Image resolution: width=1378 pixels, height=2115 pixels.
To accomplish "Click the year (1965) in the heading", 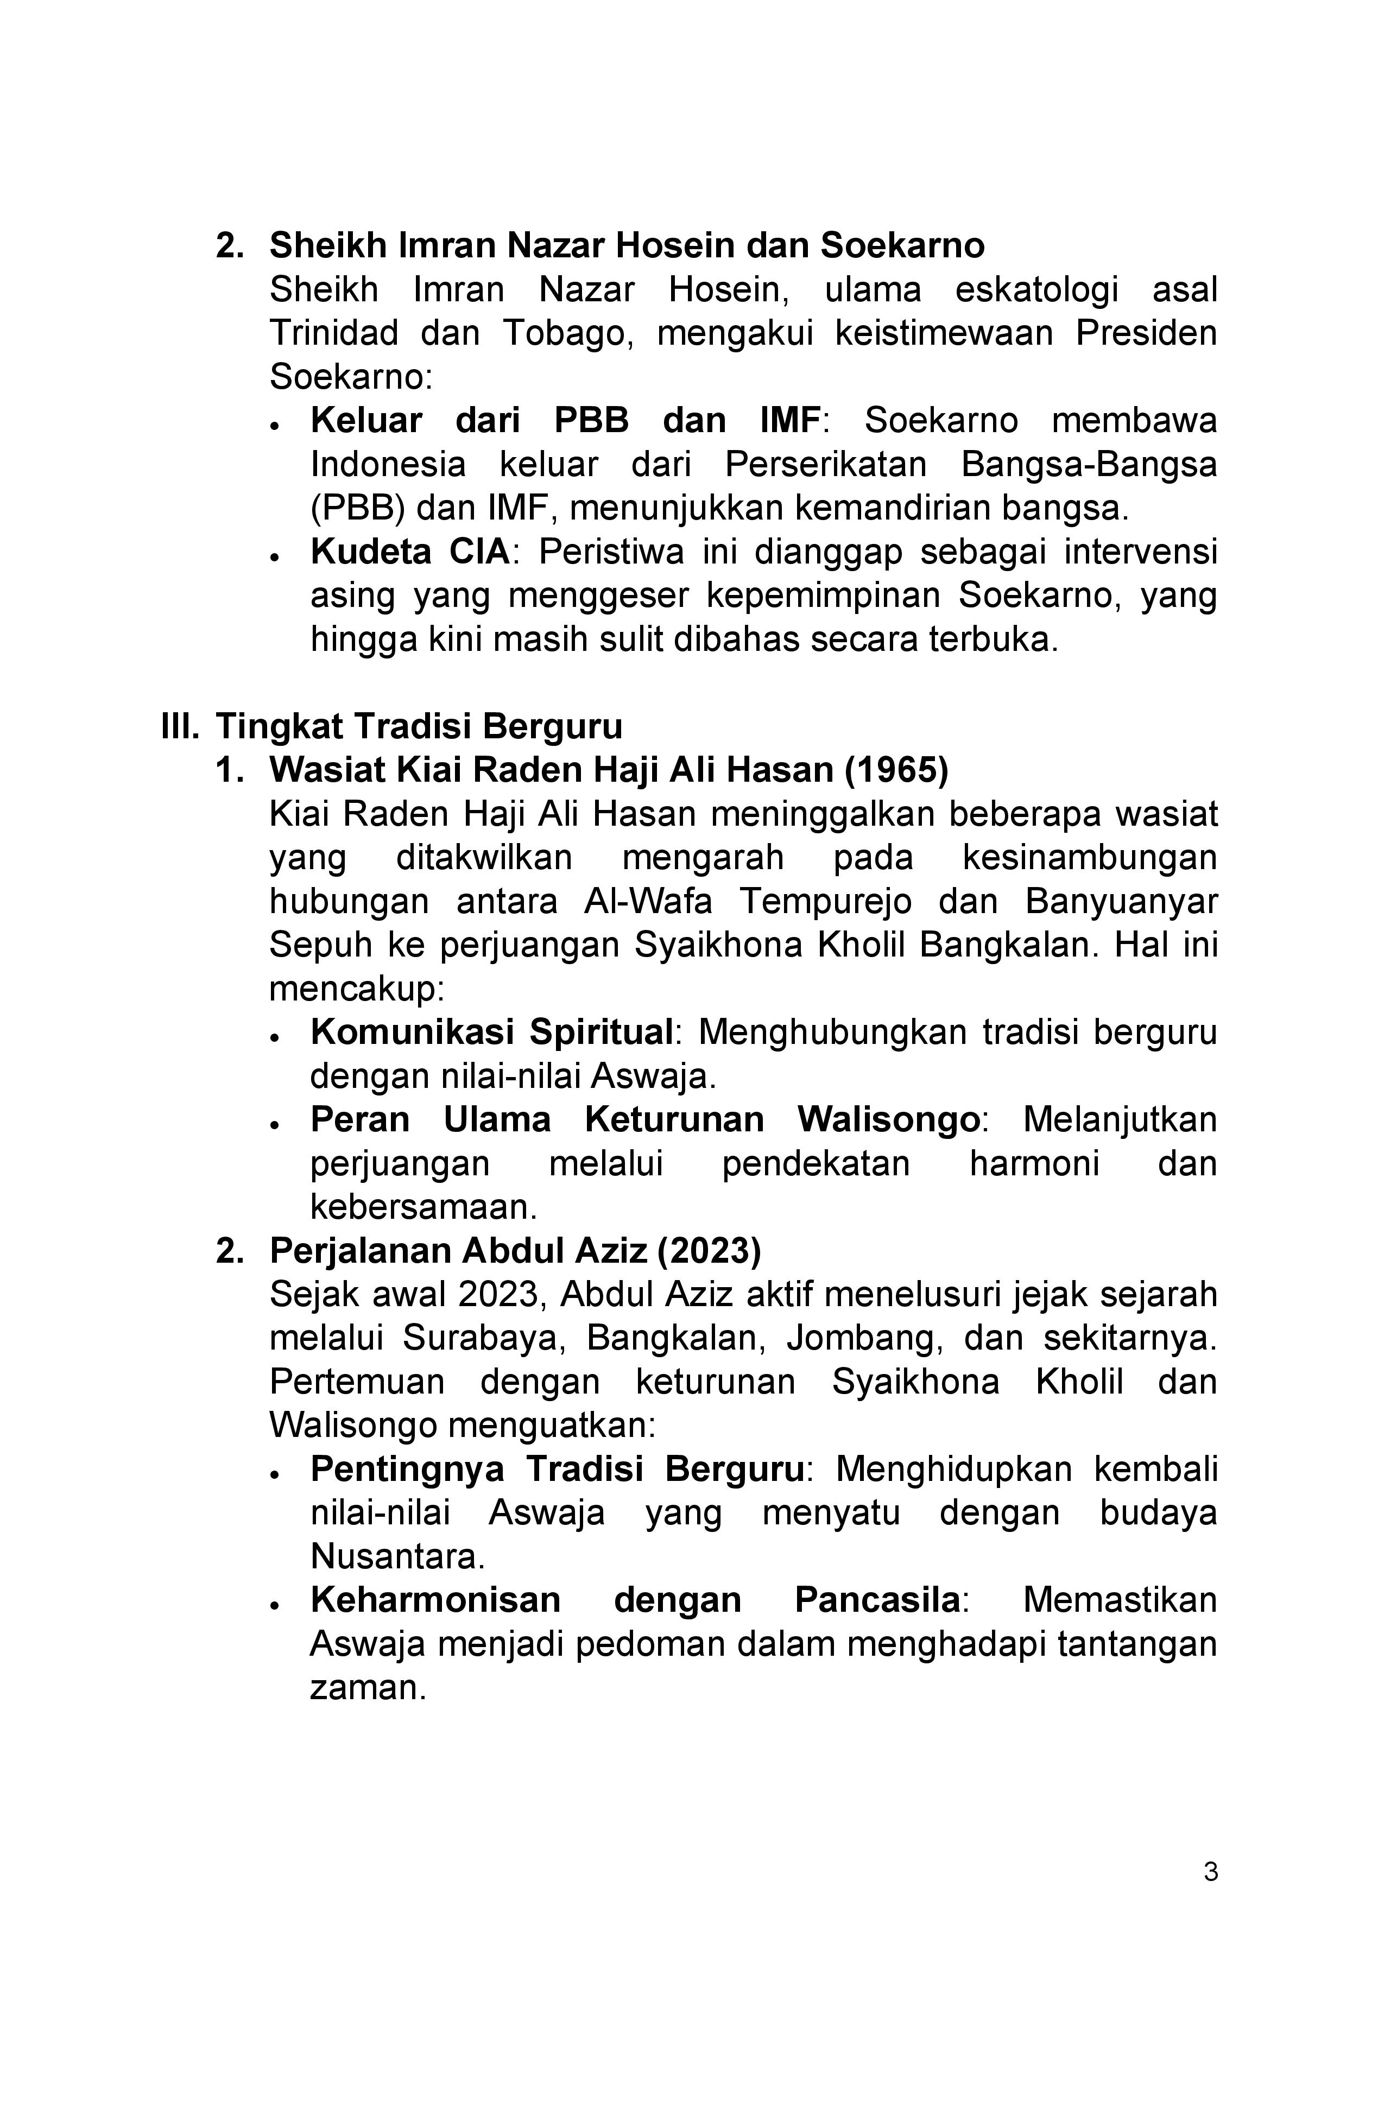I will coord(896,770).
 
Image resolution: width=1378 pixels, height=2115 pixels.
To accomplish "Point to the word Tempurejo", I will coord(826,901).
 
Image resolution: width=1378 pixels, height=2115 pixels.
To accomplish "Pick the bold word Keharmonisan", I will coord(435,1600).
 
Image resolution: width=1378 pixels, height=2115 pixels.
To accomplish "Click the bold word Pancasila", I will coord(876,1600).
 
